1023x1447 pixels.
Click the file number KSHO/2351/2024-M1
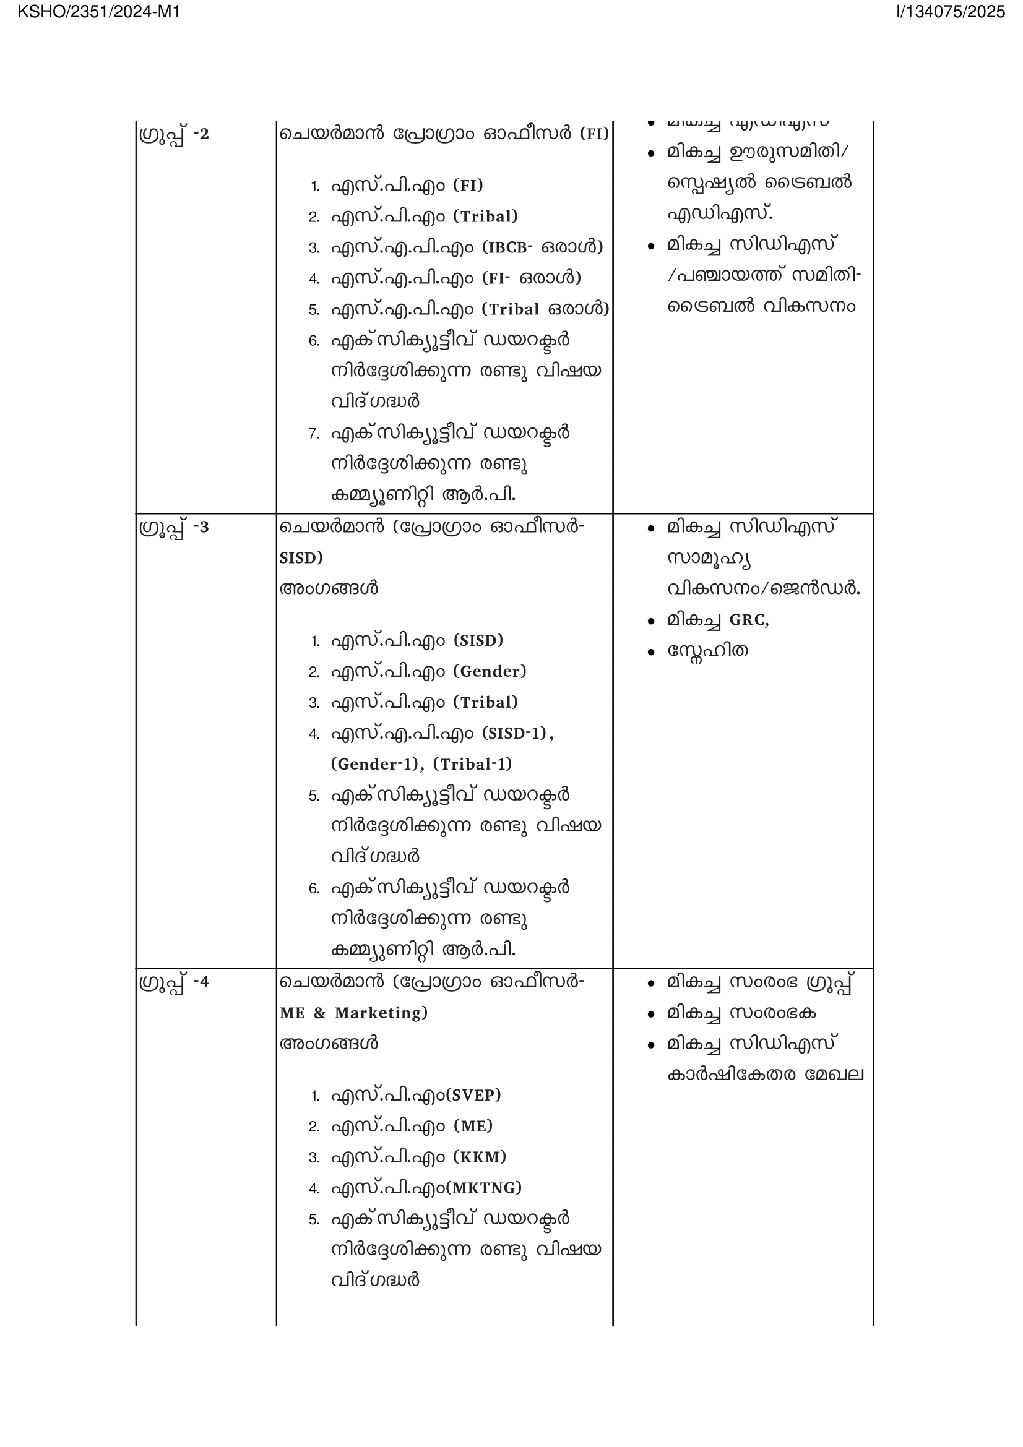coord(99,12)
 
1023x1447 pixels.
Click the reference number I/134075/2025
coord(951,12)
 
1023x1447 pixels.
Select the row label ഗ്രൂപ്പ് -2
coord(174,135)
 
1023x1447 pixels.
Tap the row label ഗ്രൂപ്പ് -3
coord(174,528)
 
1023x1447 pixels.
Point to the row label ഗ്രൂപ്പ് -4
coord(174,982)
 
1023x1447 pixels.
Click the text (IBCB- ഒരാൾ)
coord(543,247)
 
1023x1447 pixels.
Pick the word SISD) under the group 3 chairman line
coord(301,558)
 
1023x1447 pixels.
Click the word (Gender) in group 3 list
coord(490,671)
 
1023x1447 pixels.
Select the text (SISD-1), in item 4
coord(517,733)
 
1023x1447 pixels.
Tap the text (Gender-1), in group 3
coord(378,764)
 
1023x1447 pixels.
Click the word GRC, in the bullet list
coord(749,620)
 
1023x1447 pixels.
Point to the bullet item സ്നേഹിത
coord(707,650)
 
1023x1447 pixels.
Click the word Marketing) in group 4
coord(381,1013)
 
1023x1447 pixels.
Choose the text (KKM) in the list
coord(480,1157)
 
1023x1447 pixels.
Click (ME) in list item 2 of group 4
coord(473,1126)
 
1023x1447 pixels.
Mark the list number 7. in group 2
coord(314,434)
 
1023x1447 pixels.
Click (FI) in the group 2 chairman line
coord(594,134)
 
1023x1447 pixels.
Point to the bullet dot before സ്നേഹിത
coord(651,652)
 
